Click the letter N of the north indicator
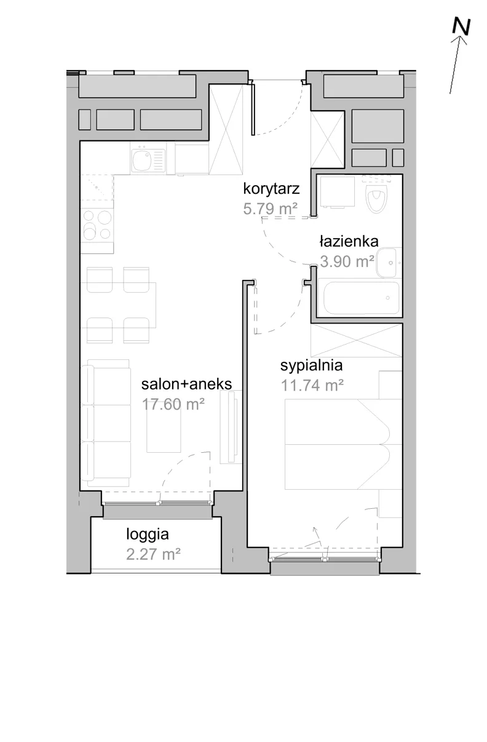pos(461,26)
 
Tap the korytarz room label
pos(271,189)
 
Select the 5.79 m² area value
pos(270,209)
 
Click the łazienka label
pos(349,241)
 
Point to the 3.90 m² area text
pos(347,261)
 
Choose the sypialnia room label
pos(311,365)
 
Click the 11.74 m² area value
pos(312,385)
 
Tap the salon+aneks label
pos(187,385)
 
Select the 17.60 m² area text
pos(173,404)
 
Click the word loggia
pos(148,534)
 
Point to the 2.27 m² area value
pos(153,554)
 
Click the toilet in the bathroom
pos(376,195)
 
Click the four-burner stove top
pos(97,225)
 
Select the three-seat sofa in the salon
pos(106,423)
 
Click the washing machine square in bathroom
pos(338,192)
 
